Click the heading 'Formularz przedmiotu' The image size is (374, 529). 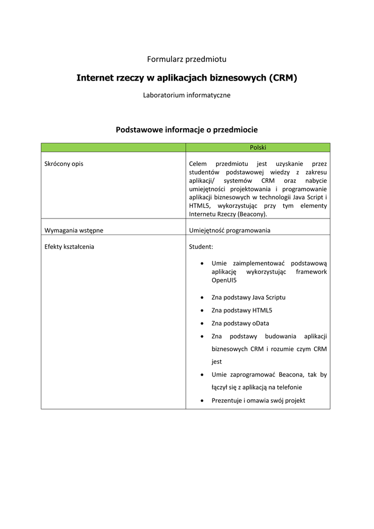187,59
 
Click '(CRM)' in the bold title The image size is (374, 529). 283,77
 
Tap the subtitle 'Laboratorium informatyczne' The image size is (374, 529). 187,95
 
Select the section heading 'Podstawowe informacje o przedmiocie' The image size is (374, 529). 187,129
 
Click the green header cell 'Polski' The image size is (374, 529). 258,147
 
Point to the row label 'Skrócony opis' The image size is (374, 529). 64,164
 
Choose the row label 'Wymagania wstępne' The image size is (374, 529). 73,230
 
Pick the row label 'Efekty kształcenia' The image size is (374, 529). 70,247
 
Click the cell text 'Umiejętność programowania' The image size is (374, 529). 230,230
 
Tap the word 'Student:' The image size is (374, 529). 198,247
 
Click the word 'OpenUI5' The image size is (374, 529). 224,281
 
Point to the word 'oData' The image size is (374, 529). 261,323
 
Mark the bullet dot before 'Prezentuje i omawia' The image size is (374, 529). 201,401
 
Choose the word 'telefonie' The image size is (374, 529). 289,387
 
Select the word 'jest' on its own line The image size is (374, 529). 217,362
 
